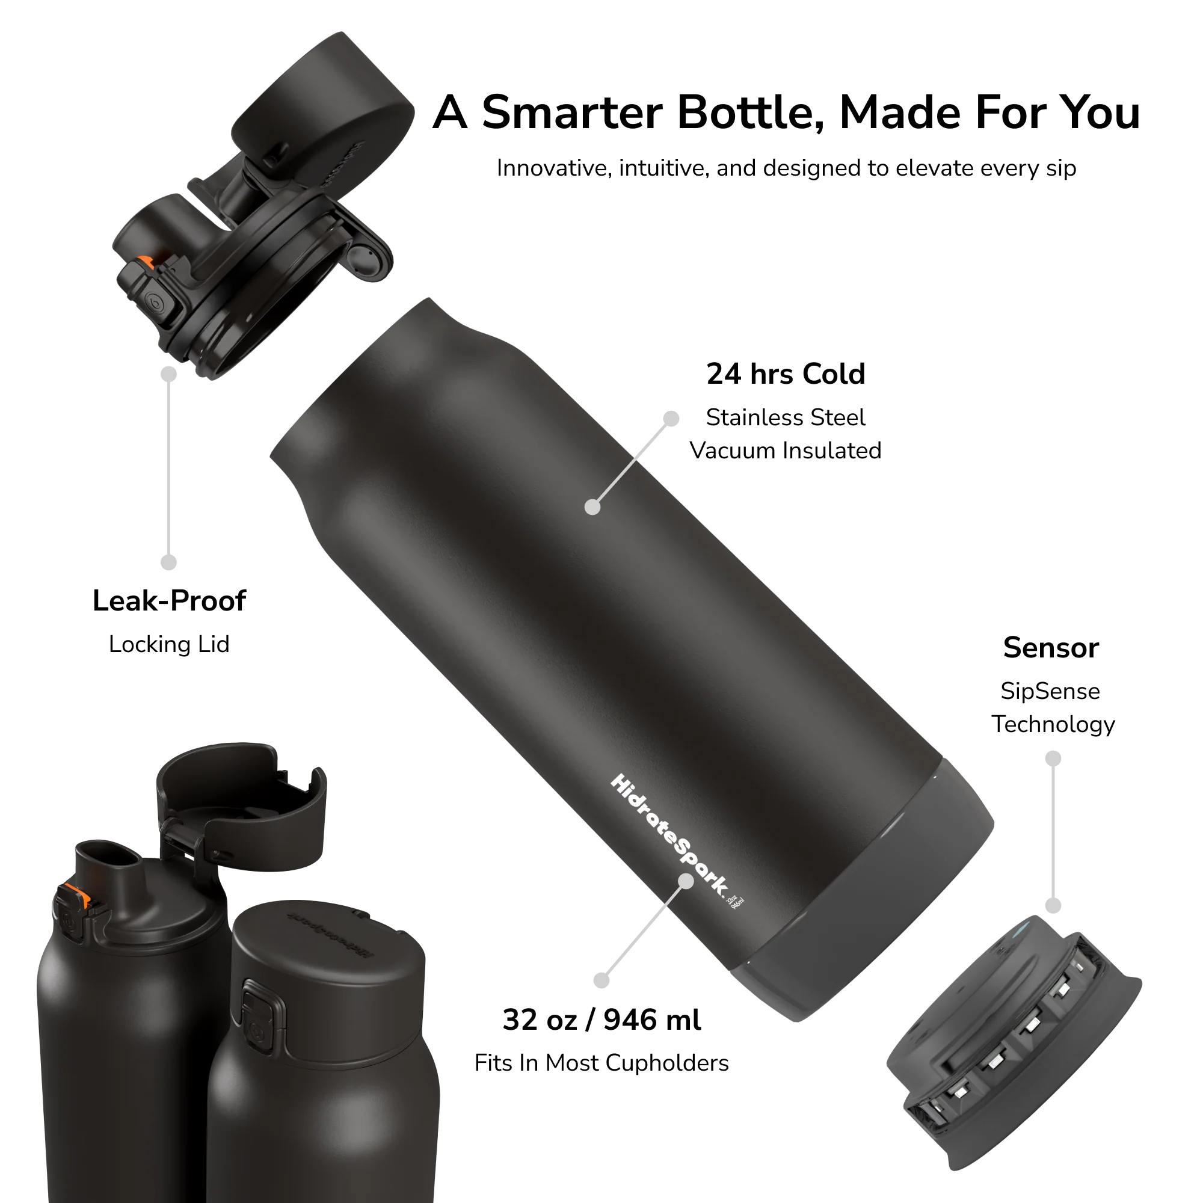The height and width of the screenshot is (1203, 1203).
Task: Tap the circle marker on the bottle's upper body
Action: [x=593, y=507]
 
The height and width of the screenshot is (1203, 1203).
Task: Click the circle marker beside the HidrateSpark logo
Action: [x=686, y=881]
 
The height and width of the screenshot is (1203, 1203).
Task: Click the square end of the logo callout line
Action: [x=601, y=980]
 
